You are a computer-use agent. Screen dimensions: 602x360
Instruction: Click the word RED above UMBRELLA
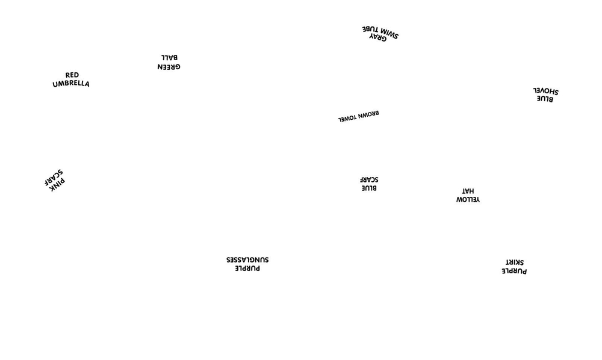(x=72, y=75)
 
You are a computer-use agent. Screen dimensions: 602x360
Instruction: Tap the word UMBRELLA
(x=71, y=84)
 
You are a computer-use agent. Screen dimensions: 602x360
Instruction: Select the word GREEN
(x=169, y=67)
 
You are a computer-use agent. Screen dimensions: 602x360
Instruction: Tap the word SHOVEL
(x=546, y=91)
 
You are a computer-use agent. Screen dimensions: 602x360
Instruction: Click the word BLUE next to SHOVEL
(x=545, y=99)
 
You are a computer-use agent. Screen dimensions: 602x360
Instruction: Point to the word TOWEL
(x=348, y=119)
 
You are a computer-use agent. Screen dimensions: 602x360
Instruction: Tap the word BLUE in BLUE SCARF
(x=369, y=188)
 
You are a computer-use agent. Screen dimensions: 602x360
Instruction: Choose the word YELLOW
(x=468, y=199)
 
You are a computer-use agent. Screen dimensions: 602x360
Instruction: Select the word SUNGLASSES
(x=247, y=259)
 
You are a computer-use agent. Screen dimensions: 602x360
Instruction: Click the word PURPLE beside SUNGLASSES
(x=247, y=268)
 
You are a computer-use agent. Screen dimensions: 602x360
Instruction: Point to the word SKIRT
(x=515, y=262)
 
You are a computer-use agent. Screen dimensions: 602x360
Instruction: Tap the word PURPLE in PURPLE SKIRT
(x=514, y=271)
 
